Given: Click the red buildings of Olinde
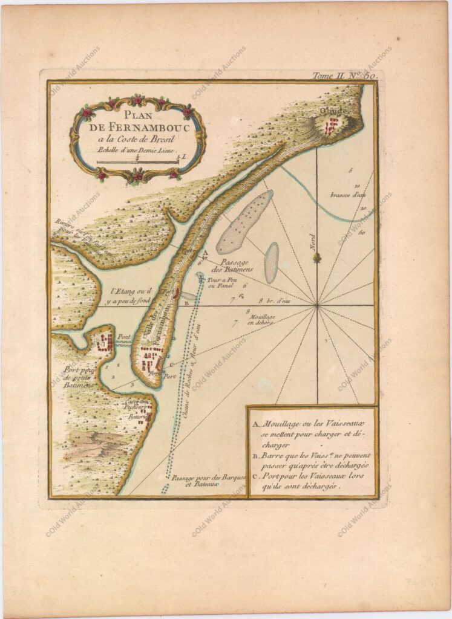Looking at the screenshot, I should pos(332,126).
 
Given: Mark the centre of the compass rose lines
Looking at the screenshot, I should pos(316,306).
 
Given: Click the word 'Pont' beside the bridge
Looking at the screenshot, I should pos(123,337).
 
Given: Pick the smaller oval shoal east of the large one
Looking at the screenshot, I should pos(271,262).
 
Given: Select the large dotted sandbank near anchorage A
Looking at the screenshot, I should pos(243,222).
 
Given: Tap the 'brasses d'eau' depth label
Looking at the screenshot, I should pos(347,195).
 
